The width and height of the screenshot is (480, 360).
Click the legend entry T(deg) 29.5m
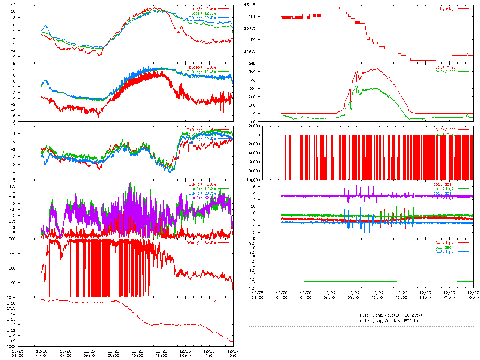tap(202, 18)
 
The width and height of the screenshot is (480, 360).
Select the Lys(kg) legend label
tap(448, 9)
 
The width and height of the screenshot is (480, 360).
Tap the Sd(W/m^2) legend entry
tap(445, 67)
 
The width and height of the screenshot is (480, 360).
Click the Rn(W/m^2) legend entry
tap(445, 72)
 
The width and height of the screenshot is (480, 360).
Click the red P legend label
tap(215, 301)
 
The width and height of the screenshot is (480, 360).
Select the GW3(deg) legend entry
tap(444, 252)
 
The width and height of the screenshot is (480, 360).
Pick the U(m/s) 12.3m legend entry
tap(202, 189)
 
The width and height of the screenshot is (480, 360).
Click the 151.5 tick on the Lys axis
tap(250, 5)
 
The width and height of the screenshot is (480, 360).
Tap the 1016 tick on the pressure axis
tap(11, 303)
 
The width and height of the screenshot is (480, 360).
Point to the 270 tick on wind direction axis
tap(12, 253)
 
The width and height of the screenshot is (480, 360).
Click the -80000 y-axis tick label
tap(252, 171)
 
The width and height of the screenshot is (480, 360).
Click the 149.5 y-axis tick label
tap(250, 51)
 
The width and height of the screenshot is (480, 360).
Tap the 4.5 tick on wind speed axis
tap(12, 186)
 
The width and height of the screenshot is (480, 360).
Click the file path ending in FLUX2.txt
tap(391, 315)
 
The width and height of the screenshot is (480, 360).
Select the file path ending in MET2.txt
tap(390, 321)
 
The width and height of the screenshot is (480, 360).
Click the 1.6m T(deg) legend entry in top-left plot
tap(202, 9)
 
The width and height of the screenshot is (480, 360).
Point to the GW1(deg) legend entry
tap(444, 243)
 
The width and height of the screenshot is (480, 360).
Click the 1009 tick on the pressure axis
tap(11, 341)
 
